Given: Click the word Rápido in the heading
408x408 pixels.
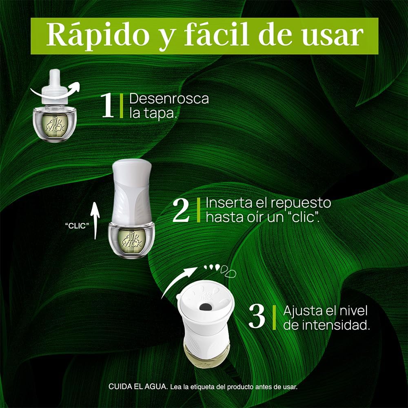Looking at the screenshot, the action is (x=98, y=36).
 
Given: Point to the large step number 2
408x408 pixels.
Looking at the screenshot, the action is (x=182, y=211).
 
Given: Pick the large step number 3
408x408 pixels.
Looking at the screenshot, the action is (x=257, y=317).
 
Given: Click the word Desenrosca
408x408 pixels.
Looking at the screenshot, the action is (x=169, y=99).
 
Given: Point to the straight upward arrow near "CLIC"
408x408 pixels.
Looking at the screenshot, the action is (x=95, y=221).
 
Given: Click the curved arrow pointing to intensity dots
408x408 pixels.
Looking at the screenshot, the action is (x=177, y=281).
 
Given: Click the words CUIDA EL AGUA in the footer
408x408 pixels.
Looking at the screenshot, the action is (x=138, y=386).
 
